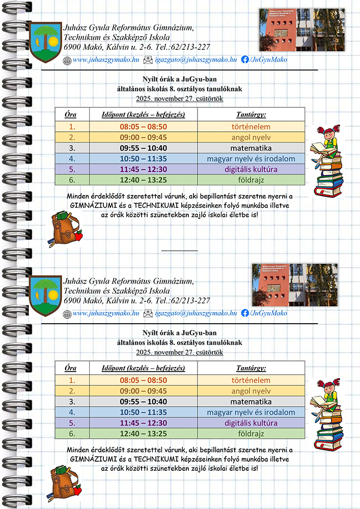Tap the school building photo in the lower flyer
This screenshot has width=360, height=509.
294,285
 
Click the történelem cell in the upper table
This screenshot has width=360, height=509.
252,127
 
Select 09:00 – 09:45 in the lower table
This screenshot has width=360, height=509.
143,391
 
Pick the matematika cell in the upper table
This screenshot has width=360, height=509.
252,148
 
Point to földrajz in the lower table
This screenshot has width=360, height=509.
252,434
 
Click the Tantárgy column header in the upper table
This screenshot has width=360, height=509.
252,114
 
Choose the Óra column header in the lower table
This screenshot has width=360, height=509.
71,367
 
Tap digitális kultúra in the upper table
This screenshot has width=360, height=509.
252,169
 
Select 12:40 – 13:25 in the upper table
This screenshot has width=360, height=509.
143,180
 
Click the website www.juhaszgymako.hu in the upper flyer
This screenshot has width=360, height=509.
106,60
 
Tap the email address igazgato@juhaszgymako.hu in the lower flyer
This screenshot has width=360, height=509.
196,314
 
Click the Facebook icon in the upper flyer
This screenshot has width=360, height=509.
245,60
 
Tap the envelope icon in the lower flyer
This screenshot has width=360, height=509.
148,314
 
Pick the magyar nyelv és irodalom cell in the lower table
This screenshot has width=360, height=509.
252,412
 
